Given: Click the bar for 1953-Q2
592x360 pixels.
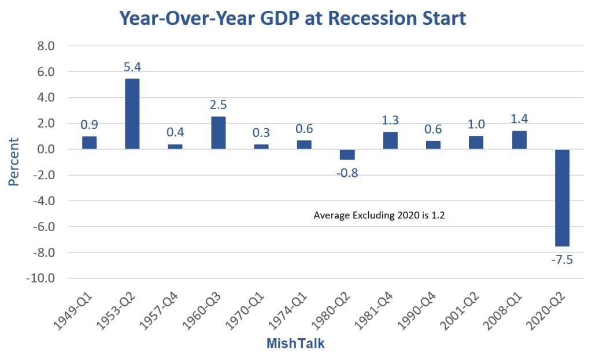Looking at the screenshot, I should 132,114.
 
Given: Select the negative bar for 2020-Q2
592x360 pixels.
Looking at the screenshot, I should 562,198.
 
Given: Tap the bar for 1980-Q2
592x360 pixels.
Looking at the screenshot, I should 347,154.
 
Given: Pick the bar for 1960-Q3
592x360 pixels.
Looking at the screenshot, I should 219,133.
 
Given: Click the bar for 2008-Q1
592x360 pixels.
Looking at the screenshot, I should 519,140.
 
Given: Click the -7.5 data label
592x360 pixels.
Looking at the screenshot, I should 562,259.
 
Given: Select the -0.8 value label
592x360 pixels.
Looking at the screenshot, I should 347,173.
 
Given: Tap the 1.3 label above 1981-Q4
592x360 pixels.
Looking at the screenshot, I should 390,120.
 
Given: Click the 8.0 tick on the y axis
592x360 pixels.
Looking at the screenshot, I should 45,46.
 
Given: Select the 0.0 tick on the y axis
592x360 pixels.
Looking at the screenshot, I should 45,149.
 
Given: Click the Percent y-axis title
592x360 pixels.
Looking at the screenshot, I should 13,161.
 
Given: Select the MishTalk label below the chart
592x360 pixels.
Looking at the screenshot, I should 295,344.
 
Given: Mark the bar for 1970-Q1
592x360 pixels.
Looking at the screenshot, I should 261,147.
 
